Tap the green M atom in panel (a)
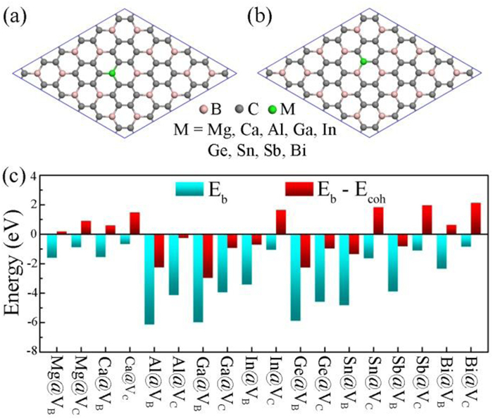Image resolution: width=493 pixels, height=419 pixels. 113,73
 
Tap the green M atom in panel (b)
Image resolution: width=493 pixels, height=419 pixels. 363,62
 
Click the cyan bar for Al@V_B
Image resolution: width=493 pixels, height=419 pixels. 149,278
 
